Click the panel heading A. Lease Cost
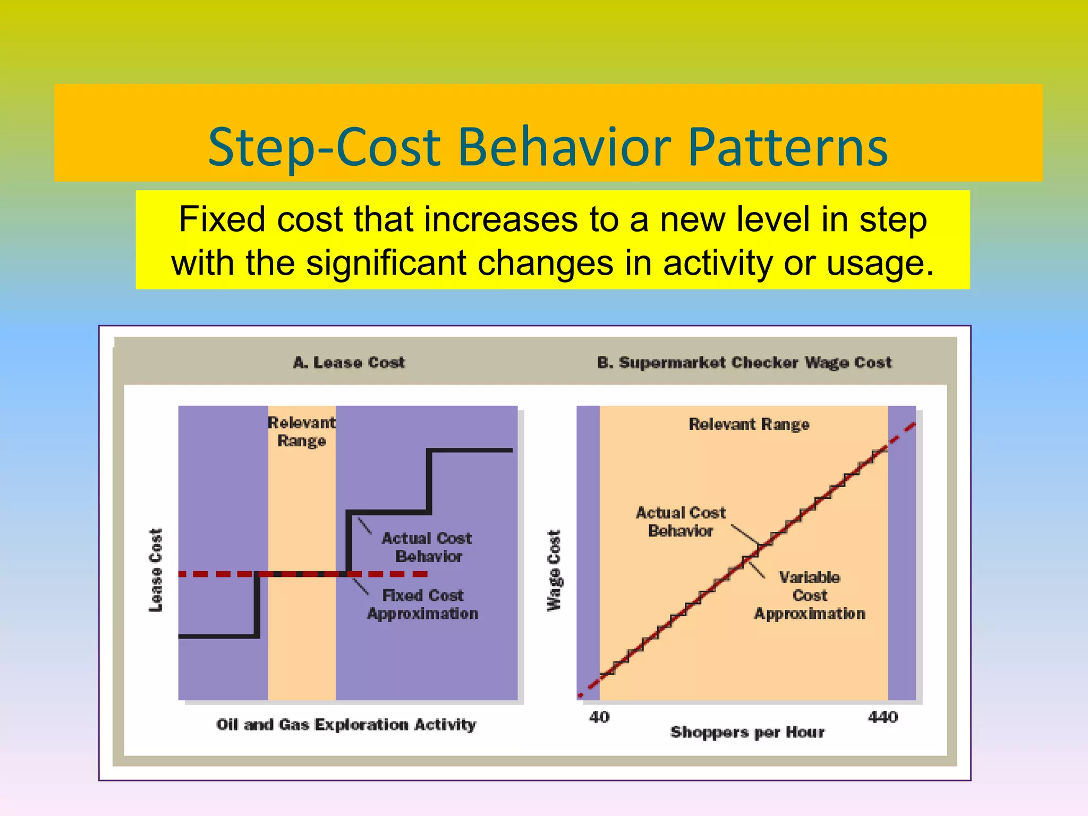click(x=349, y=362)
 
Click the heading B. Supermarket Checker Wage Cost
click(x=744, y=362)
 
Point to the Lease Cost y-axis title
click(x=155, y=569)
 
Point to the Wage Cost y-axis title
click(x=554, y=571)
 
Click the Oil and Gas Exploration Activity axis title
click(x=346, y=725)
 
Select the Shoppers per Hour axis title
click(x=747, y=732)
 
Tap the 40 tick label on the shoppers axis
click(x=599, y=717)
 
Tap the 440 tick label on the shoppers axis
click(x=883, y=717)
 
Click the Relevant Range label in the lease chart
click(x=301, y=431)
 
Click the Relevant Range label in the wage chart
click(x=749, y=424)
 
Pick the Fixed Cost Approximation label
click(x=423, y=604)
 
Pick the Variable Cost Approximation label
click(x=810, y=595)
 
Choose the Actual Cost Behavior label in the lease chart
click(x=427, y=547)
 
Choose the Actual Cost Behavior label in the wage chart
click(x=681, y=522)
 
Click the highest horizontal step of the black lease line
click(x=470, y=450)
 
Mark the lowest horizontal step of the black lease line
click(x=218, y=636)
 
